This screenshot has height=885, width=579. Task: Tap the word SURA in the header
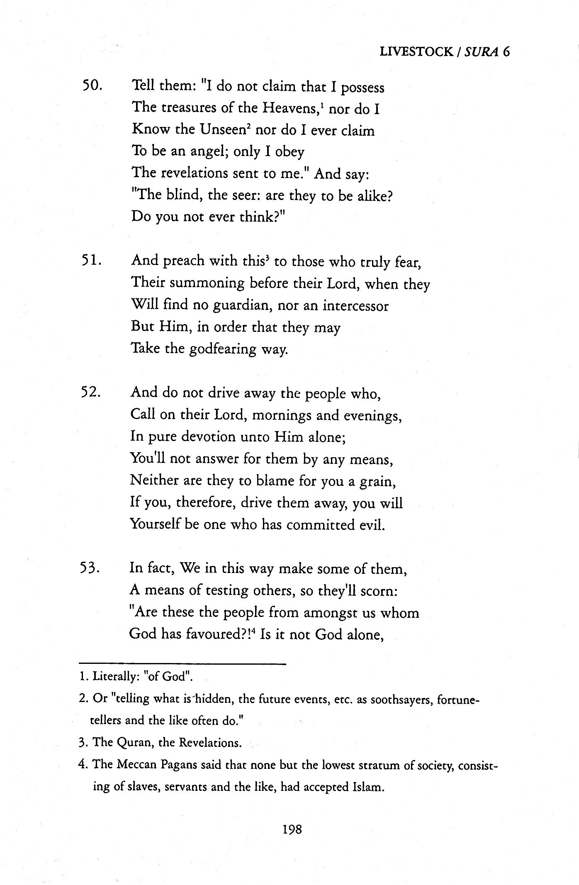[x=481, y=51]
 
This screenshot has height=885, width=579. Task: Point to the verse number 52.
[x=91, y=393]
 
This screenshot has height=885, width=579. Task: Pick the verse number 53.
[x=91, y=568]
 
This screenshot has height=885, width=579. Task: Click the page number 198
[x=292, y=829]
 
